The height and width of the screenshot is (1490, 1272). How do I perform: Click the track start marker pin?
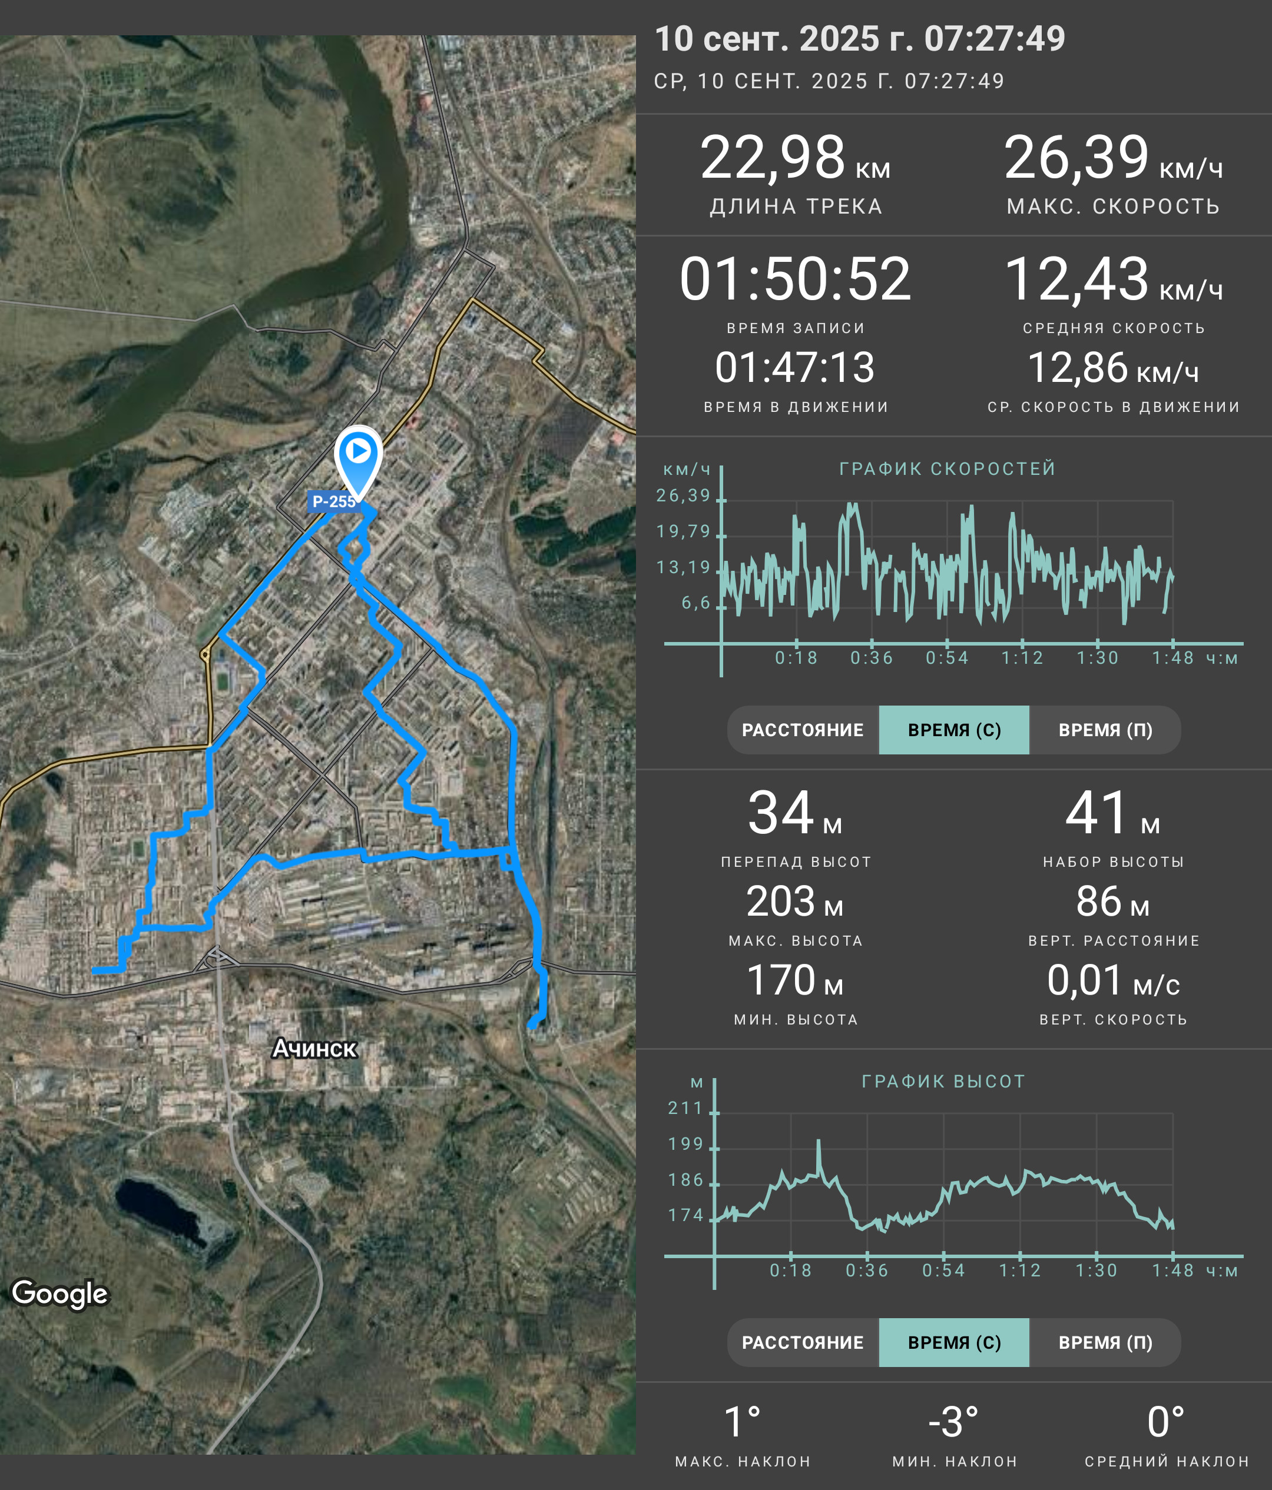(358, 461)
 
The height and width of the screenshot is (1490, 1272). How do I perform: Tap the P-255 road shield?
(333, 501)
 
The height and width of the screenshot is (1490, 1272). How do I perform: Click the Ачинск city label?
(314, 1049)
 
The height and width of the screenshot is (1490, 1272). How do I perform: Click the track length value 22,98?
(773, 158)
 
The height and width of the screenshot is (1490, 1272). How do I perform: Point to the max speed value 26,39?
(1076, 158)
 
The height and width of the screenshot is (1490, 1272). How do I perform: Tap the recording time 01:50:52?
(795, 279)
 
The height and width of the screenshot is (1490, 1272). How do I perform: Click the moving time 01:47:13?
(795, 367)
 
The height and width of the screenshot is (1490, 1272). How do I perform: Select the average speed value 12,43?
(1076, 279)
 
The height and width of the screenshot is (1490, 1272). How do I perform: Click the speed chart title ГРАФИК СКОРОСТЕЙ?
(948, 469)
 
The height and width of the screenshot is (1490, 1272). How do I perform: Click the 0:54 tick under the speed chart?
(947, 658)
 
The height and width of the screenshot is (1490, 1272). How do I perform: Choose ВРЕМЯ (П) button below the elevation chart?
(1105, 1342)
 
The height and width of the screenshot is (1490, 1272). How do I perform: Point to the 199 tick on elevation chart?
(685, 1144)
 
